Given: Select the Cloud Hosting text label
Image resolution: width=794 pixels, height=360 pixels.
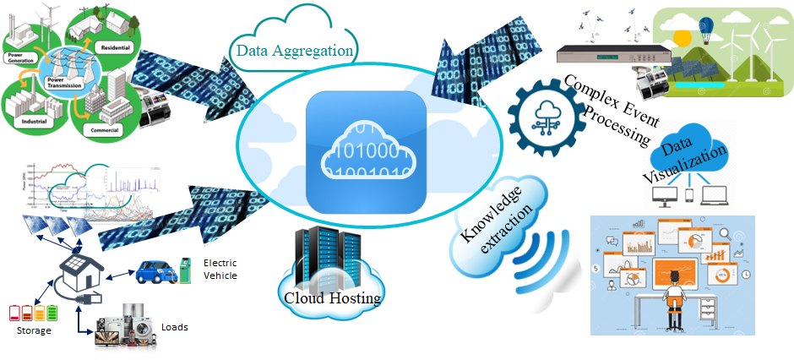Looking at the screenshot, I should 332,297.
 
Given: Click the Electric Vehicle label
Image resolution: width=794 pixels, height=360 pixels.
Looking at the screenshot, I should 220,269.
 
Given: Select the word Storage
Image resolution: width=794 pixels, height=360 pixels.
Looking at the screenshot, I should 34,330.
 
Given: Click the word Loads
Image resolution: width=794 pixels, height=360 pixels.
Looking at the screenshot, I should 175,327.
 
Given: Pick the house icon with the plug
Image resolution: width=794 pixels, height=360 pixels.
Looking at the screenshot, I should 76,275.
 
